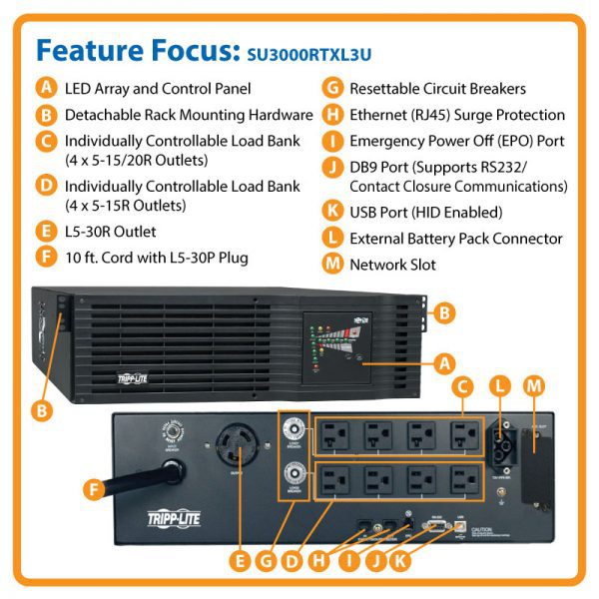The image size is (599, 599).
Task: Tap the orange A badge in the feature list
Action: click(46, 89)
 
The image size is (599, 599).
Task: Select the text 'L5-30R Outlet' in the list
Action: click(110, 232)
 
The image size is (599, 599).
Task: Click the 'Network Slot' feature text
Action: click(391, 265)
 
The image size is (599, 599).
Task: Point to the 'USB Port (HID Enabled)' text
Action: click(425, 212)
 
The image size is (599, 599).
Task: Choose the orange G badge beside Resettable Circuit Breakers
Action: click(331, 89)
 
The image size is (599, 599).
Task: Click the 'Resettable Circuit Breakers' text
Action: click(437, 89)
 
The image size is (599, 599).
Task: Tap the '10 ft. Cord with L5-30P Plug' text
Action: click(157, 258)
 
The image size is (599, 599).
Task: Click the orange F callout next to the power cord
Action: click(93, 489)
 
